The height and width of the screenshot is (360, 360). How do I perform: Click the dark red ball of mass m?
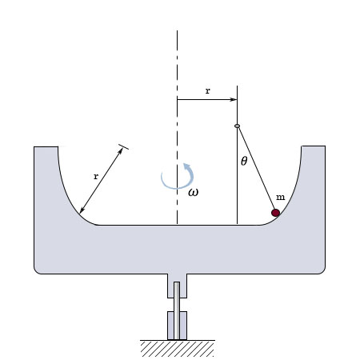[x=275, y=213]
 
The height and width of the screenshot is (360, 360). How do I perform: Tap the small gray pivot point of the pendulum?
[x=237, y=126]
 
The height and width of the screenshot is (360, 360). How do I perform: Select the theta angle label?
[x=244, y=161]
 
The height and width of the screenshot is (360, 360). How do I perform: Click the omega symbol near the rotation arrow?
[x=193, y=192]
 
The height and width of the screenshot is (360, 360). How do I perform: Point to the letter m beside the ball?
[x=280, y=198]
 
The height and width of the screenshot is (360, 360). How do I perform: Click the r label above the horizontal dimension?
[x=208, y=91]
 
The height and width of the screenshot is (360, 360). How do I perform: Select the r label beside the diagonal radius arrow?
[x=96, y=176]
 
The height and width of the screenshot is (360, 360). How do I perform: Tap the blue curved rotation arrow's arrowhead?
[x=187, y=166]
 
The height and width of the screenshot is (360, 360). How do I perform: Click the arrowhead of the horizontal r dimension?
[x=233, y=100]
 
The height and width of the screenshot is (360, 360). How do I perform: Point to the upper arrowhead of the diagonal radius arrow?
[x=121, y=151]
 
